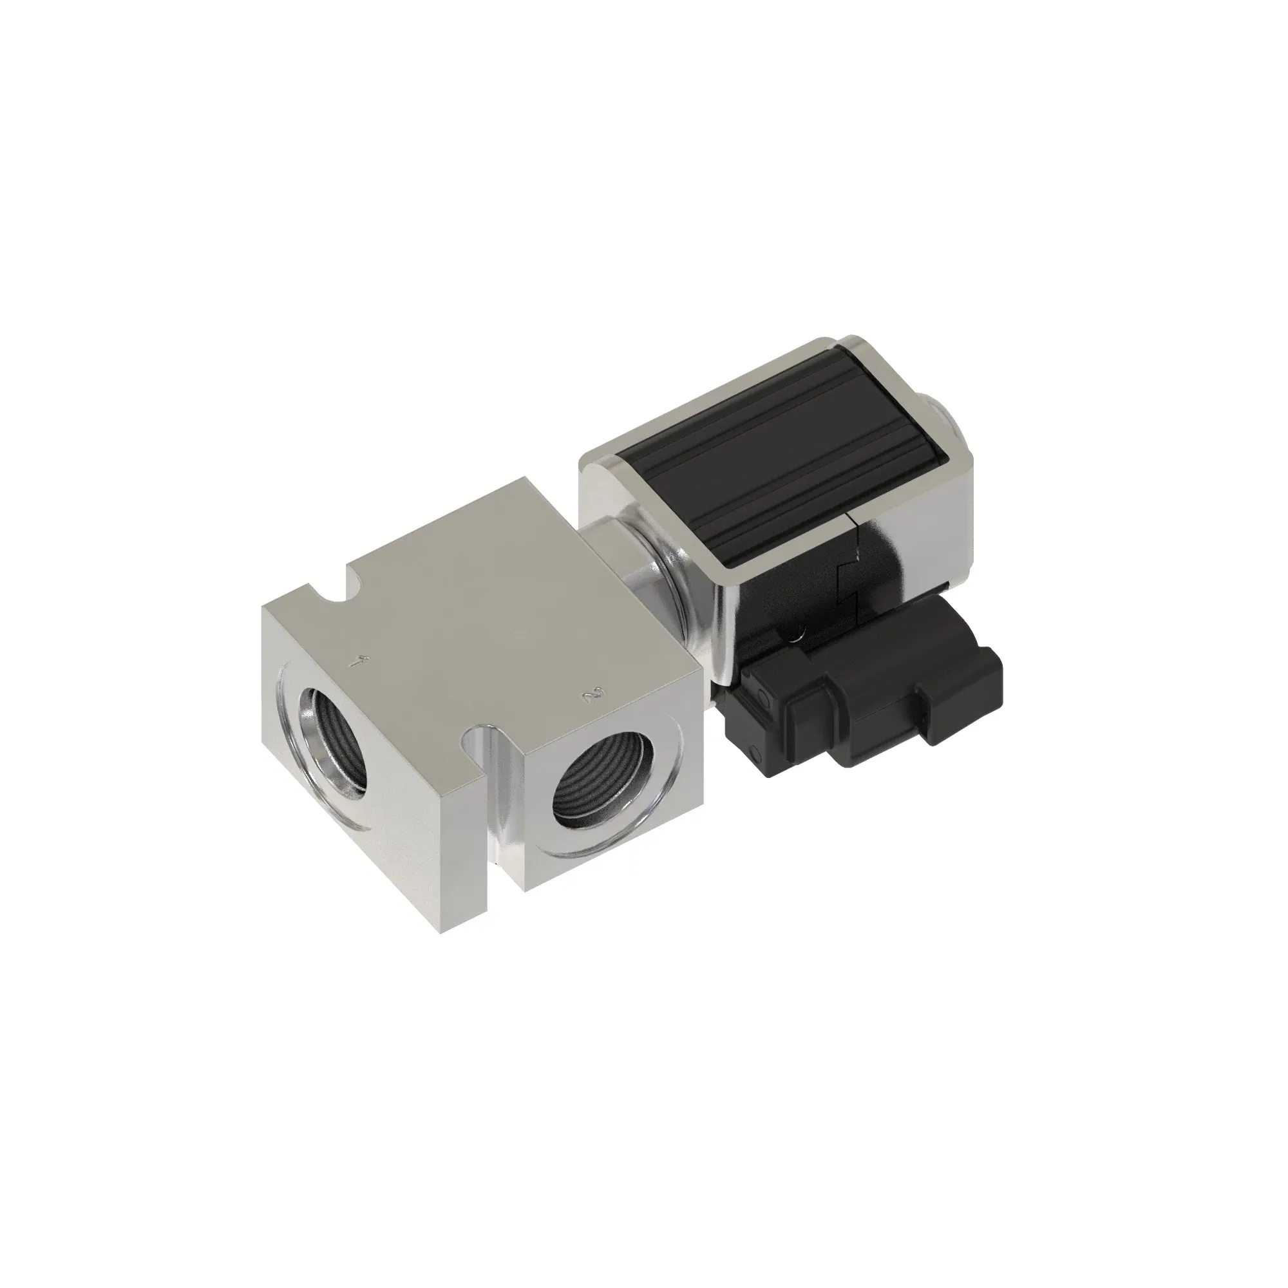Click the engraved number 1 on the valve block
(361, 662)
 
